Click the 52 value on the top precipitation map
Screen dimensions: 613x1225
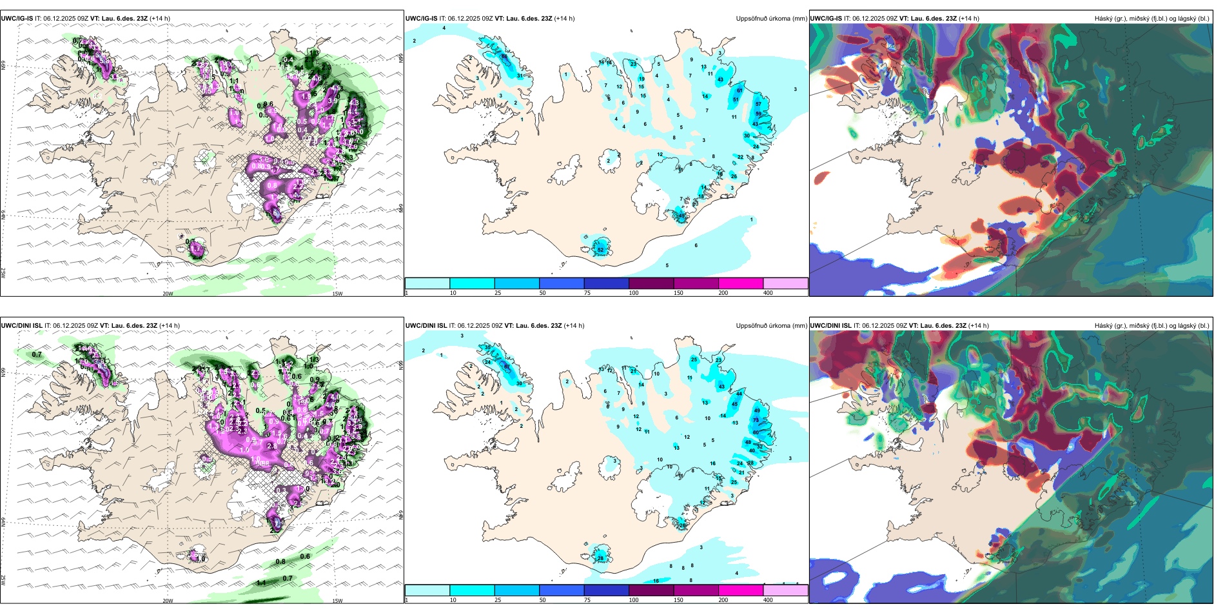600,250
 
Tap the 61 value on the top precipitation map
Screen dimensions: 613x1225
740,90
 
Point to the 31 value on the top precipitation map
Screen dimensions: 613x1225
520,75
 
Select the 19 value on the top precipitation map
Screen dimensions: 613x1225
642,79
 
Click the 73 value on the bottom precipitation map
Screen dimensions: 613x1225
756,420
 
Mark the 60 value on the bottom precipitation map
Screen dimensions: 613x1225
756,432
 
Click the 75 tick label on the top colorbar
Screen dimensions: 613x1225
587,293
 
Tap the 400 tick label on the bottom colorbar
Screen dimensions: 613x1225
768,600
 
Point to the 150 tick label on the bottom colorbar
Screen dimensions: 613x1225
678,600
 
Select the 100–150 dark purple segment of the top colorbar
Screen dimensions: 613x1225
651,283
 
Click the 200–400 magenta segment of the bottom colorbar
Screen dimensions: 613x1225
741,590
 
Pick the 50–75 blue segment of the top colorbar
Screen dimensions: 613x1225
562,283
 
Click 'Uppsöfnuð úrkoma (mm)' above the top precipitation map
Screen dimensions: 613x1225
771,19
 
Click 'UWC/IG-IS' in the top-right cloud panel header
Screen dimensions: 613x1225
826,19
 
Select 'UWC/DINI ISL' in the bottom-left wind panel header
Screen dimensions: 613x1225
21,326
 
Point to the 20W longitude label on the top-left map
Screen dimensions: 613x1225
168,294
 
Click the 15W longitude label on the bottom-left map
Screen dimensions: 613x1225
337,601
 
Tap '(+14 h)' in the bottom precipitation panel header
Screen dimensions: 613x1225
574,326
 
